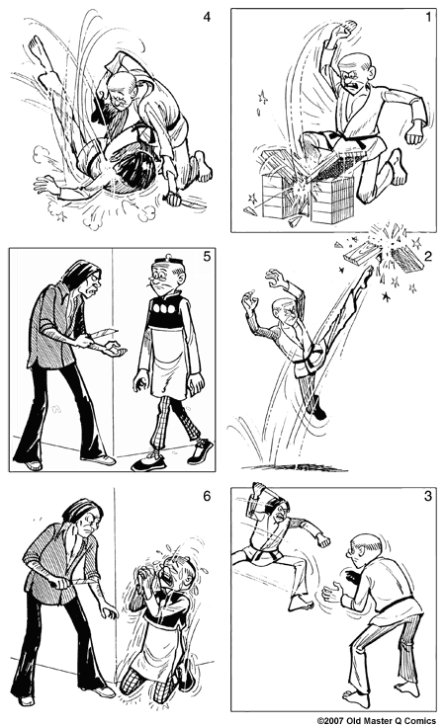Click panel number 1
click(x=428, y=18)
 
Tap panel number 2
click(x=428, y=257)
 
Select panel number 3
click(x=428, y=496)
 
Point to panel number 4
click(x=207, y=17)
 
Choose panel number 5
click(x=207, y=256)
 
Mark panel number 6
click(x=207, y=496)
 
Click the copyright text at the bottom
click(x=377, y=721)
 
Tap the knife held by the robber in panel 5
click(x=104, y=333)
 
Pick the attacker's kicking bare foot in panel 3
click(x=299, y=603)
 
